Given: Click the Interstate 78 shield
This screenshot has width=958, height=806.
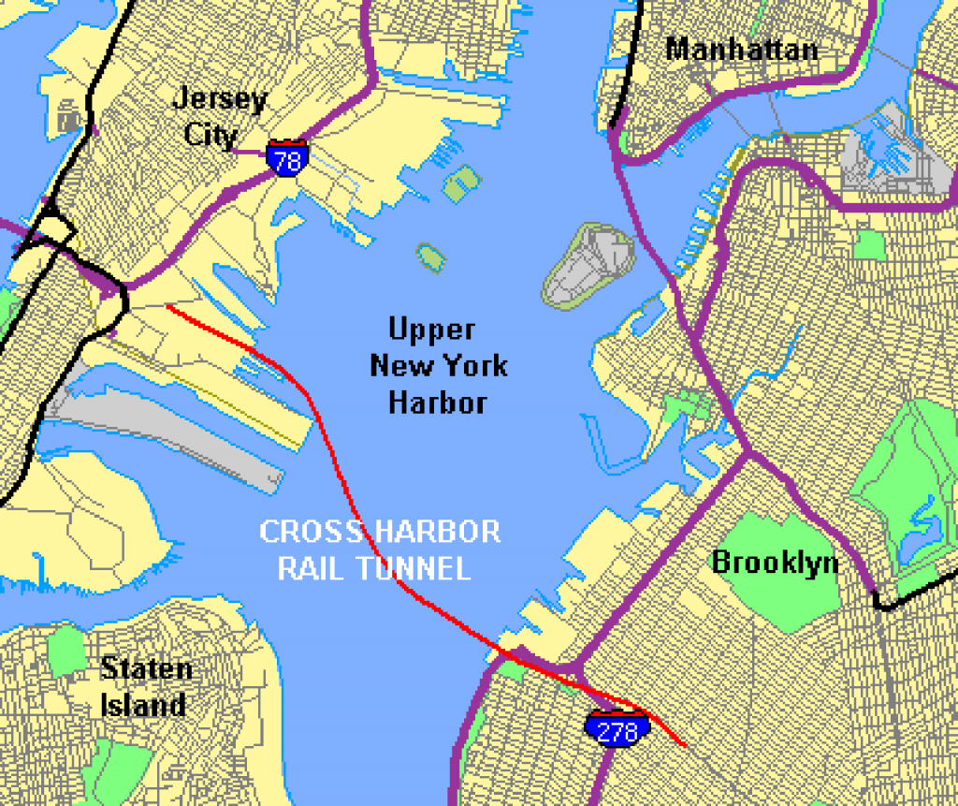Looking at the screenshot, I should pyautogui.click(x=286, y=158).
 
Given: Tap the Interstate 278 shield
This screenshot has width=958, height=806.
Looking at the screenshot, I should pyautogui.click(x=617, y=729).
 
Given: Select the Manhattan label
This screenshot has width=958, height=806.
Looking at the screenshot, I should pyautogui.click(x=741, y=49).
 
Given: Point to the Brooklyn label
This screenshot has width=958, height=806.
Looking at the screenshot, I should pyautogui.click(x=776, y=562).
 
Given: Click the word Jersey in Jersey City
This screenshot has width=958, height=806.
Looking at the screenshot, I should pyautogui.click(x=220, y=99).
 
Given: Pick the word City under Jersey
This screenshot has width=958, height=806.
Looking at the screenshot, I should pyautogui.click(x=210, y=134).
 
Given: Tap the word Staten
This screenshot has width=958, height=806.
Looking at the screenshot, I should pyautogui.click(x=146, y=668).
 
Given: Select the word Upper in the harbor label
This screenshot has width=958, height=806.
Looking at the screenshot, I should pyautogui.click(x=431, y=330).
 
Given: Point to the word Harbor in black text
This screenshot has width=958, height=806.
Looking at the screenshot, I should pyautogui.click(x=437, y=403).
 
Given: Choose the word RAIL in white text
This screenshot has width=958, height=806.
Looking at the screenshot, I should pyautogui.click(x=311, y=568).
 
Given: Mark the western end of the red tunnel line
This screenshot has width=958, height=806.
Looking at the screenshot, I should pyautogui.click(x=167, y=305).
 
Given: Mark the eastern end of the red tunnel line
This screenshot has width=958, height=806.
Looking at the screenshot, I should pyautogui.click(x=686, y=745).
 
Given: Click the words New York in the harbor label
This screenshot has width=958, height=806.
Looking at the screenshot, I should pyautogui.click(x=438, y=365).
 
